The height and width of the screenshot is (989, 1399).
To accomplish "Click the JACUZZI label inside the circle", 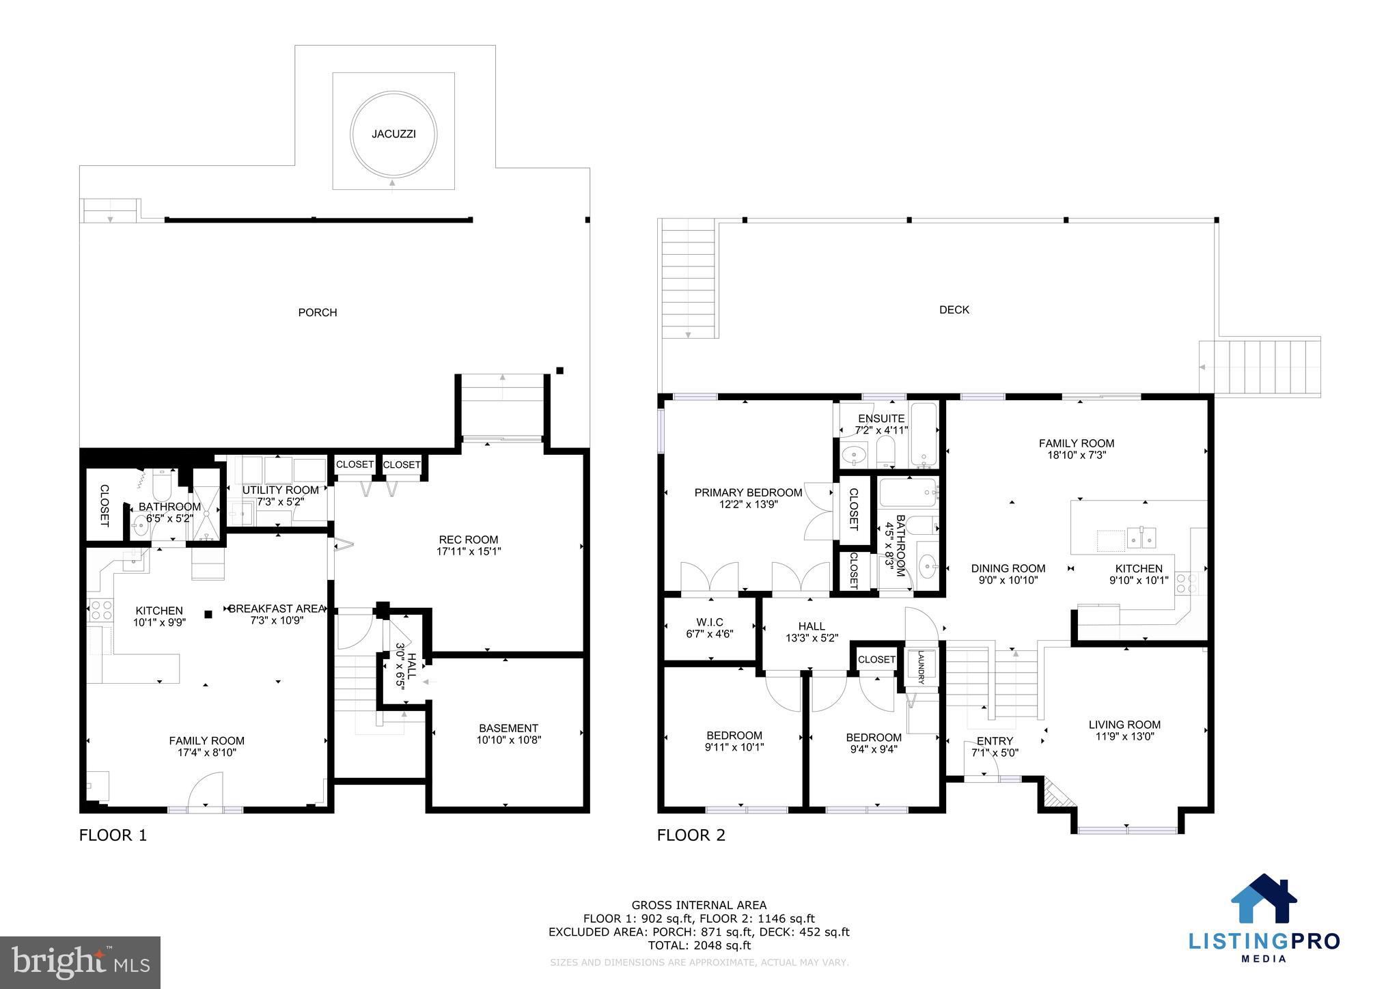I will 393,134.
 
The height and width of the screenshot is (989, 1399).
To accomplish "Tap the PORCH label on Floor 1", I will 318,313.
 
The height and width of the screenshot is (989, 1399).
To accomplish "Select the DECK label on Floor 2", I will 954,310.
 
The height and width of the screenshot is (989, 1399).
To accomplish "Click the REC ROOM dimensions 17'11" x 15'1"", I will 469,551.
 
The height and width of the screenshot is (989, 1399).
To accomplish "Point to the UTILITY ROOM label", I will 280,490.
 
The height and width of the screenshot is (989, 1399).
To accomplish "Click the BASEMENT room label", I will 508,728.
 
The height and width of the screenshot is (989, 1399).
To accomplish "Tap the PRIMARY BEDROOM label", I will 748,492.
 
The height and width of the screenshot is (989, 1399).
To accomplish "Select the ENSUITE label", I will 881,418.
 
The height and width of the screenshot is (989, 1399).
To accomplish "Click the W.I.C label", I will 710,622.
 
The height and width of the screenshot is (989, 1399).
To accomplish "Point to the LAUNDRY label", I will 921,667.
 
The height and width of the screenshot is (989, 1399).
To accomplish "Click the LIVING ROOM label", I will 1124,725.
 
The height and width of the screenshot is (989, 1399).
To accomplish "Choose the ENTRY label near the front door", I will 995,741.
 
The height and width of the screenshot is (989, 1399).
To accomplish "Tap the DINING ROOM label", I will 1008,568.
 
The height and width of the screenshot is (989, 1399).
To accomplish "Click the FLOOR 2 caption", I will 691,835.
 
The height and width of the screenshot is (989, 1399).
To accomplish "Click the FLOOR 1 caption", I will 113,835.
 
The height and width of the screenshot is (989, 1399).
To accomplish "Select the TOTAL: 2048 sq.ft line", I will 699,945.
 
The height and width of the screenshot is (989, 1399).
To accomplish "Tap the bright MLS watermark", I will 80,962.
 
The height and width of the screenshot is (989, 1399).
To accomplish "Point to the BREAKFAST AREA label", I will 277,609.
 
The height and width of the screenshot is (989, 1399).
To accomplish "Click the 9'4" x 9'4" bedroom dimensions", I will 873,749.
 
